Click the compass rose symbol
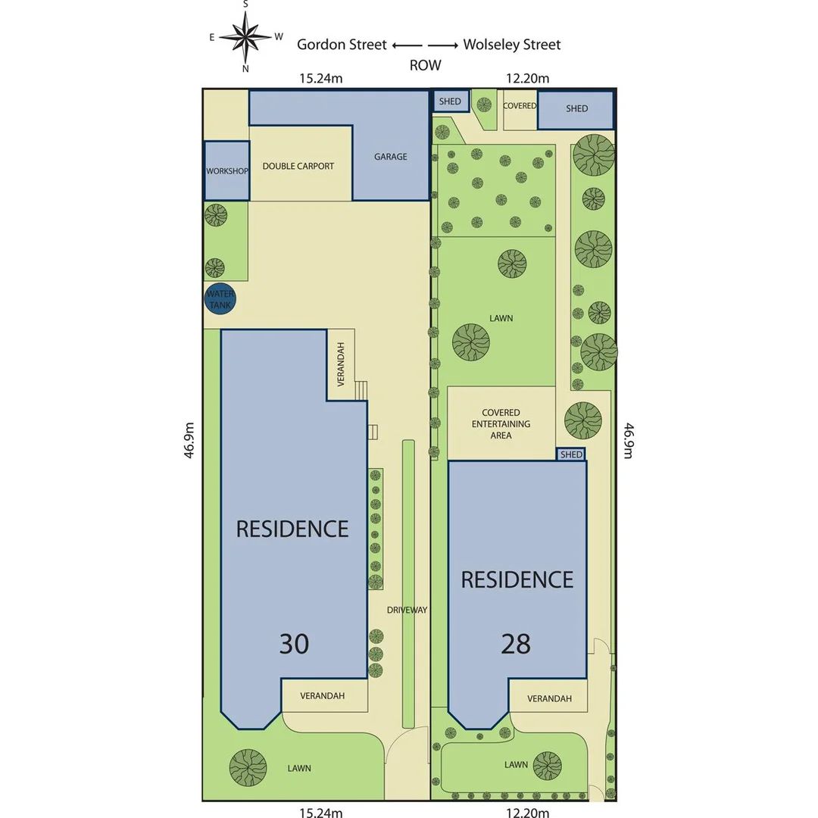click(x=246, y=36)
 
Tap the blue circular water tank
click(x=220, y=298)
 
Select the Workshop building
click(x=226, y=170)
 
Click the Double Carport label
click(x=298, y=166)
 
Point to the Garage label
click(x=390, y=157)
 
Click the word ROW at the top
click(x=425, y=65)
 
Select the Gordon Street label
click(x=342, y=45)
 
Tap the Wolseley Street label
click(x=512, y=45)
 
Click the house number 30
click(x=294, y=644)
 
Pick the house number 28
click(x=515, y=644)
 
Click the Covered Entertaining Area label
click(x=501, y=424)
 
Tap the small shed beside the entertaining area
click(x=571, y=454)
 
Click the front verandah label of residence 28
click(x=549, y=698)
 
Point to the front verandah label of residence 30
click(x=323, y=695)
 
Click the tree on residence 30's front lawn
click(x=248, y=766)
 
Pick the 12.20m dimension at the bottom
click(x=527, y=813)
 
